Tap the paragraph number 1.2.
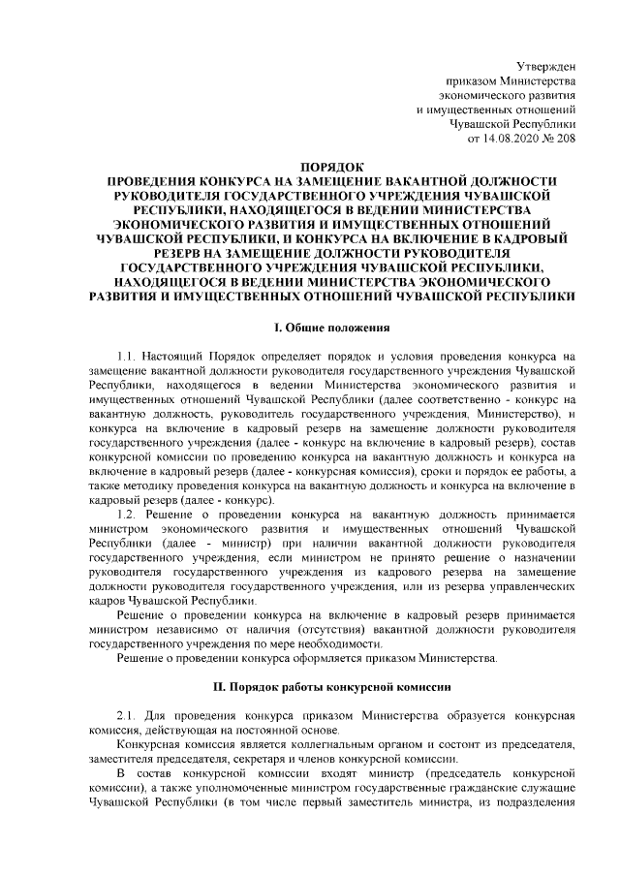(127, 514)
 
